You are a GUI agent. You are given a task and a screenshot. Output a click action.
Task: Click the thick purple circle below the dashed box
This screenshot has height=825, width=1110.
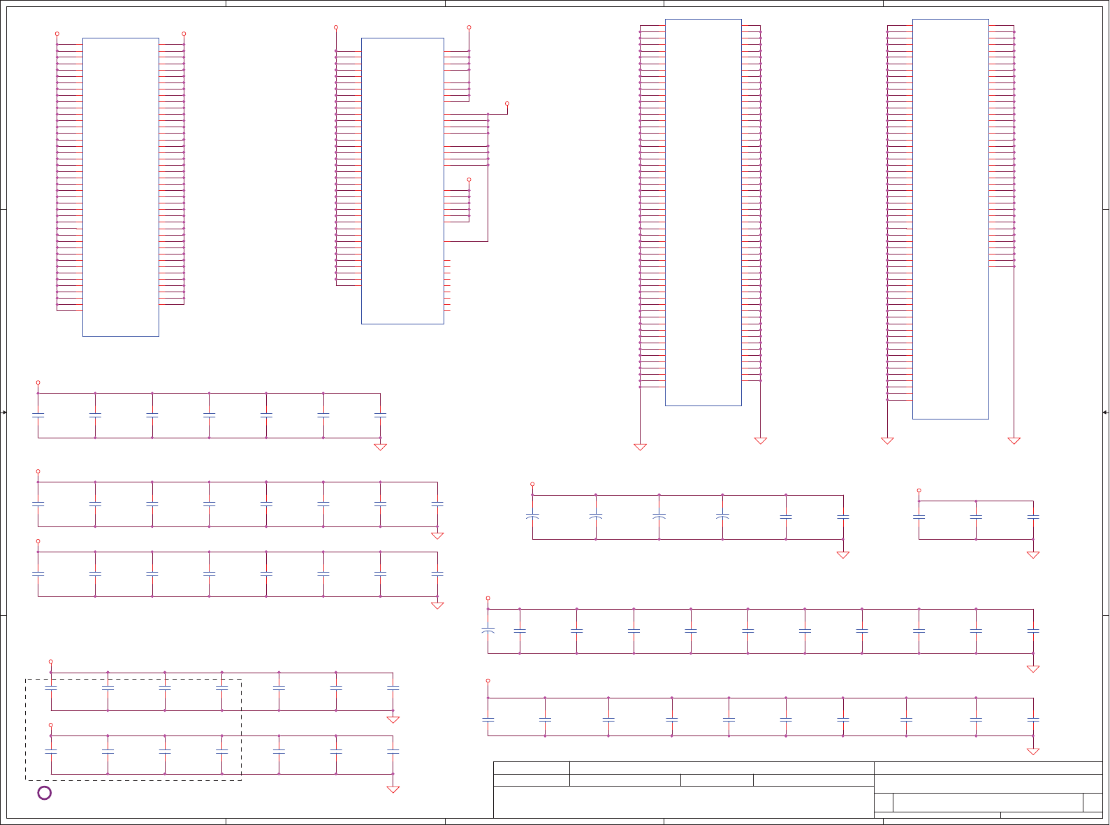pos(44,793)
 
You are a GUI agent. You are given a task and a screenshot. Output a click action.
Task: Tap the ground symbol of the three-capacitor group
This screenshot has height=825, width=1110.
pos(1033,555)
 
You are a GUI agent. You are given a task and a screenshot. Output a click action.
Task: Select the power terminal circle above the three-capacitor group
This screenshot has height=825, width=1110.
pos(919,490)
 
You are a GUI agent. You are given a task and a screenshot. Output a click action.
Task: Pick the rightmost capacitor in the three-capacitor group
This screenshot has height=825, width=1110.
pos(1033,517)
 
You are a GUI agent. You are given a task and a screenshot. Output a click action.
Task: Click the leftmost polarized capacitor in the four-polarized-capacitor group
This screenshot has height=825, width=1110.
pos(532,517)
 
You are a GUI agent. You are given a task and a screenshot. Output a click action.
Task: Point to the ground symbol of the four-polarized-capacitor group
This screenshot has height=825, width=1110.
pos(842,555)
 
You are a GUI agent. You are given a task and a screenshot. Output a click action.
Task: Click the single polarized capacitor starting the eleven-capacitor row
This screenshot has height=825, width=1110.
pos(488,631)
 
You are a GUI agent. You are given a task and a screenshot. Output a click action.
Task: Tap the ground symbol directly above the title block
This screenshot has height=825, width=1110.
pos(1033,752)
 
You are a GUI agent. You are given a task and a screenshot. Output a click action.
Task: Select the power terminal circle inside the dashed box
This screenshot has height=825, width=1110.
pos(50,725)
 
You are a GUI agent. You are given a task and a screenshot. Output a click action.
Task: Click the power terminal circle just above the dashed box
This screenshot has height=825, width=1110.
pos(50,661)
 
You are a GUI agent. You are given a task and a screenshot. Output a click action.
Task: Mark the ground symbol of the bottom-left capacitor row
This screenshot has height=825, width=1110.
pos(393,789)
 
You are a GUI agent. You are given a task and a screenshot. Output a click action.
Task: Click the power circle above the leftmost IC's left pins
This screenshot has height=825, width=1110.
pos(57,34)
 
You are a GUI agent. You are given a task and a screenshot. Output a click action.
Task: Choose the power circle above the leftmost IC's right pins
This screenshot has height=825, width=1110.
pos(184,34)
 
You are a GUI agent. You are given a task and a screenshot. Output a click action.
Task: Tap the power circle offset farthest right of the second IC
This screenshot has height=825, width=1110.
pos(507,103)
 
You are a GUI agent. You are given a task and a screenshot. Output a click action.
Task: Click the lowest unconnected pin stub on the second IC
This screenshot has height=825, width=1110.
pos(447,311)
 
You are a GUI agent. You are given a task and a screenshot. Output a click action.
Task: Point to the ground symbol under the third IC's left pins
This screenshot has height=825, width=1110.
pos(640,447)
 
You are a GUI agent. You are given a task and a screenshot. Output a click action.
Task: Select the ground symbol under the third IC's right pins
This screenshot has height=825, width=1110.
pos(760,440)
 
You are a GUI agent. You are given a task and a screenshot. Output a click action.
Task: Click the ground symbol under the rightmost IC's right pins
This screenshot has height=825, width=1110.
pos(1014,440)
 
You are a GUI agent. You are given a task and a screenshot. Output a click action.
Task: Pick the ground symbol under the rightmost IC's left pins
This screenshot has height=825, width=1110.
pos(887,440)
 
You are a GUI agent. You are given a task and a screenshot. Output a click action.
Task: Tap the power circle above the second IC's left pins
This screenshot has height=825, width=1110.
pos(336,27)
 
